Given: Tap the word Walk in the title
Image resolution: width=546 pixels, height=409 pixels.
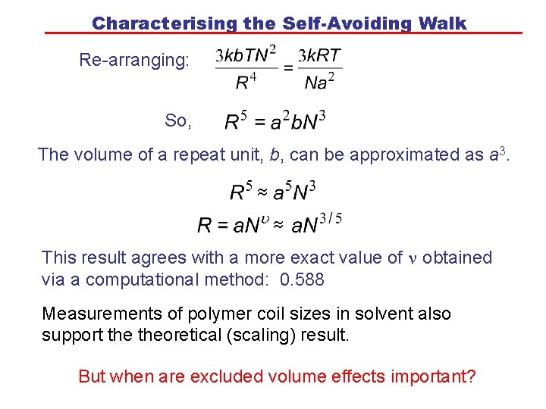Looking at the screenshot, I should coord(441,23).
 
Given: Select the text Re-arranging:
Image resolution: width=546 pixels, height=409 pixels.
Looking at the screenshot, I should coord(134,60).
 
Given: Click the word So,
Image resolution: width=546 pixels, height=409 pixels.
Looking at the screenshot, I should coord(178,120).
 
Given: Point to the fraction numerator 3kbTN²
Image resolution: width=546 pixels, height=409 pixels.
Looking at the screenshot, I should coord(246,55).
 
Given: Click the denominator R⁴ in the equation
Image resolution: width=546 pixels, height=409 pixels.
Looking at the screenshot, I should coord(246,81).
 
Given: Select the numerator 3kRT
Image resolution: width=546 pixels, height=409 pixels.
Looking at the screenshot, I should coord(319,55).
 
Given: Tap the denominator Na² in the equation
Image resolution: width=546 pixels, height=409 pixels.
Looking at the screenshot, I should coord(319,81).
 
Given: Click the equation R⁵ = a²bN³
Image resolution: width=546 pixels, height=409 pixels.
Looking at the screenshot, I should coord(276,120).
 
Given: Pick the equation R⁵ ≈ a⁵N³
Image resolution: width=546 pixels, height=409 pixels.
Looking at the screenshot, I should coord(273,191).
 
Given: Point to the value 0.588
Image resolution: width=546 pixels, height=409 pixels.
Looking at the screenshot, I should coord(302,279).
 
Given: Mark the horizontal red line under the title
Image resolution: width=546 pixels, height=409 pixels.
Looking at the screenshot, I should coord(284,33).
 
